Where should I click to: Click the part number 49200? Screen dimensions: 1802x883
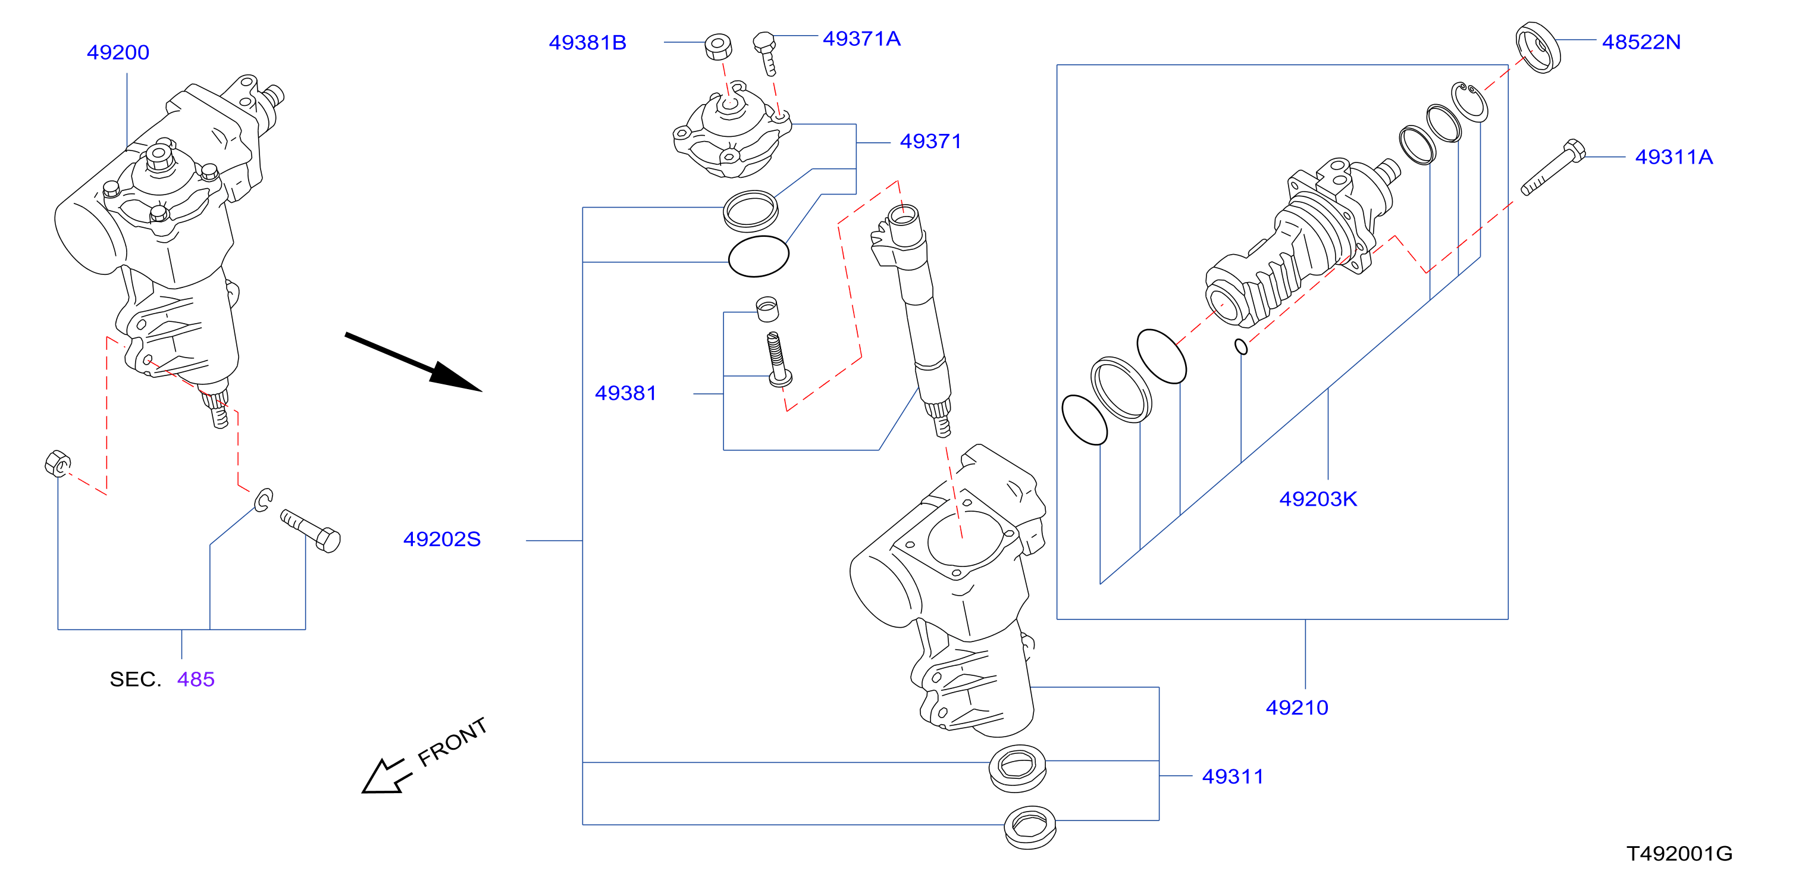tap(118, 52)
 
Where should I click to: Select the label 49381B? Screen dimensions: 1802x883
tap(588, 43)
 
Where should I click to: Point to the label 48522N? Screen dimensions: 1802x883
tap(1641, 42)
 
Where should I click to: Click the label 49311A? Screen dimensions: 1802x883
tap(1674, 156)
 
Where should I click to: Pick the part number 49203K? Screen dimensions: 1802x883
tap(1318, 499)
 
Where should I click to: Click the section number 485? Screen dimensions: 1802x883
tap(196, 679)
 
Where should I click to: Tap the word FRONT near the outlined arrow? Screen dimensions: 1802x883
tap(452, 741)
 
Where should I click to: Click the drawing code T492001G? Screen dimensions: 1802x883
tap(1679, 854)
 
